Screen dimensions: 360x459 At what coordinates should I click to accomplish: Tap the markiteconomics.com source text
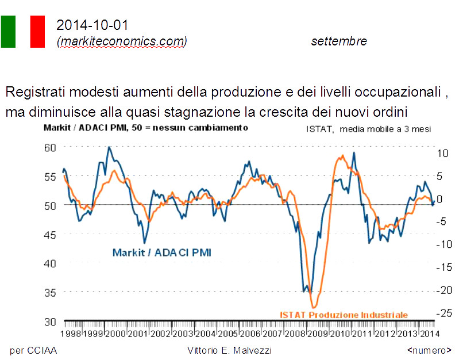click(x=122, y=41)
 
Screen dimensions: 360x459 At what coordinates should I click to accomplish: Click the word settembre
click(x=339, y=41)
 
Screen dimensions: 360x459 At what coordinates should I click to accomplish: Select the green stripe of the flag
click(x=8, y=32)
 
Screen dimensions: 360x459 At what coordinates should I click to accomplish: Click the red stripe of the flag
click(x=37, y=32)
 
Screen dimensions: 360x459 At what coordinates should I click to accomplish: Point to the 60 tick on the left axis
click(x=51, y=147)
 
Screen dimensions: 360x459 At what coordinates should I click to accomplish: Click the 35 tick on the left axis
click(x=51, y=292)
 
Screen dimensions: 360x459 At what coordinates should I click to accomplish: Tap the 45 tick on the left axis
click(x=51, y=235)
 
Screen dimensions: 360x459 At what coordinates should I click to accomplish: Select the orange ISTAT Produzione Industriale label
click(x=344, y=315)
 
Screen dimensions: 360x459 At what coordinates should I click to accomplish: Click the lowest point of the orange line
click(x=314, y=307)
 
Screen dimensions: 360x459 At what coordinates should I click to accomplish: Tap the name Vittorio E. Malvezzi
click(x=229, y=350)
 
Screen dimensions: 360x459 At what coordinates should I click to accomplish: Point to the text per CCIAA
click(x=34, y=350)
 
